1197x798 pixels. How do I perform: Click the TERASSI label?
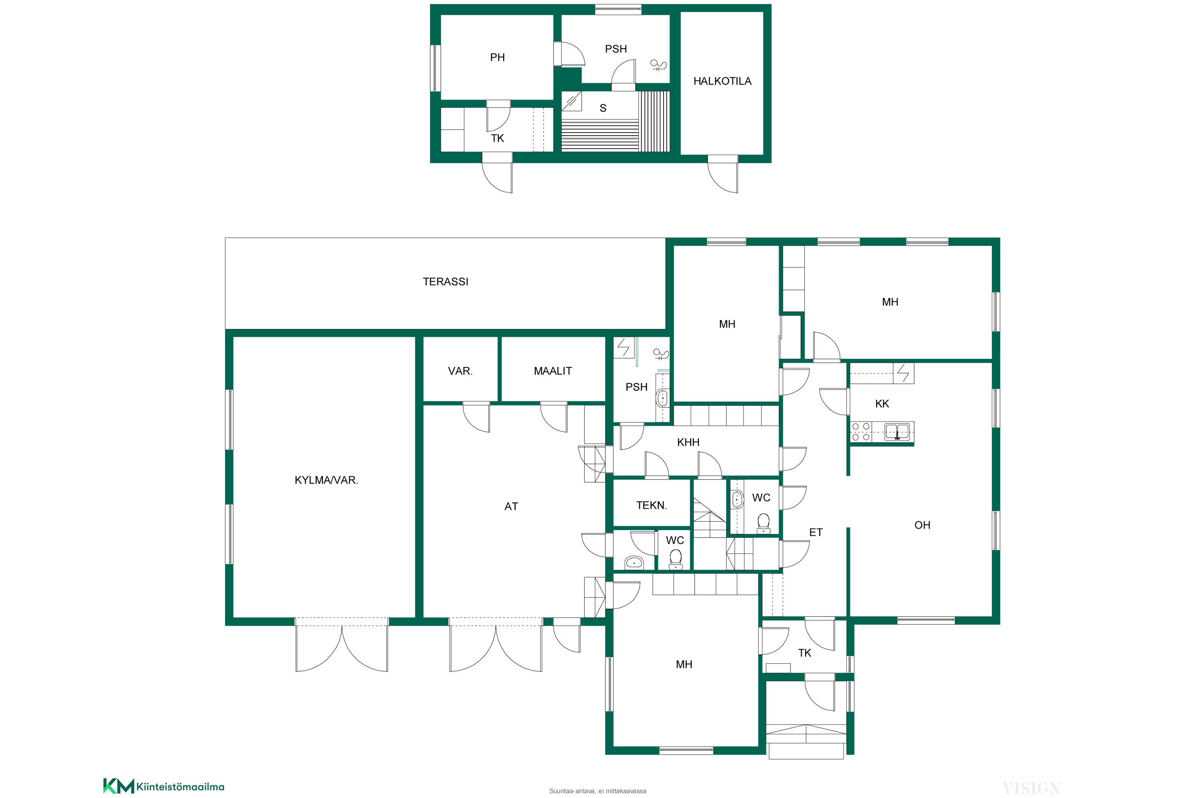[x=445, y=281]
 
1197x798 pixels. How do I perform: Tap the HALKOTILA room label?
[x=722, y=81]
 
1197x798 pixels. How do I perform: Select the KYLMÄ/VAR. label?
[x=326, y=480]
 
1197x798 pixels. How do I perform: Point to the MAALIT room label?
[x=553, y=371]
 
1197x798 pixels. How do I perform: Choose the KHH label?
[x=688, y=442]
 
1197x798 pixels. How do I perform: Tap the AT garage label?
[x=511, y=506]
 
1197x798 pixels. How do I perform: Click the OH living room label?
[x=922, y=525]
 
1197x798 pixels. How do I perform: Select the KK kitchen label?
[x=882, y=403]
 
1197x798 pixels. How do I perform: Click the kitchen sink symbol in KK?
[x=897, y=432]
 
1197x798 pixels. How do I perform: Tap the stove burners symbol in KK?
[x=861, y=432]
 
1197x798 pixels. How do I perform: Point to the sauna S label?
[x=603, y=108]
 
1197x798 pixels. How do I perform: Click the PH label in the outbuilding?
[x=497, y=57]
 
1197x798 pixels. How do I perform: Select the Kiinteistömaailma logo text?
[x=180, y=787]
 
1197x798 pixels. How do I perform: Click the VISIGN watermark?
[x=1031, y=788]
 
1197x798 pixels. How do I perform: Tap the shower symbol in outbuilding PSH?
[x=659, y=65]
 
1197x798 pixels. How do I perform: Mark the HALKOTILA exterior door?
[x=723, y=174]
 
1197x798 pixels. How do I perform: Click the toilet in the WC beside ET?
[x=763, y=523]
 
